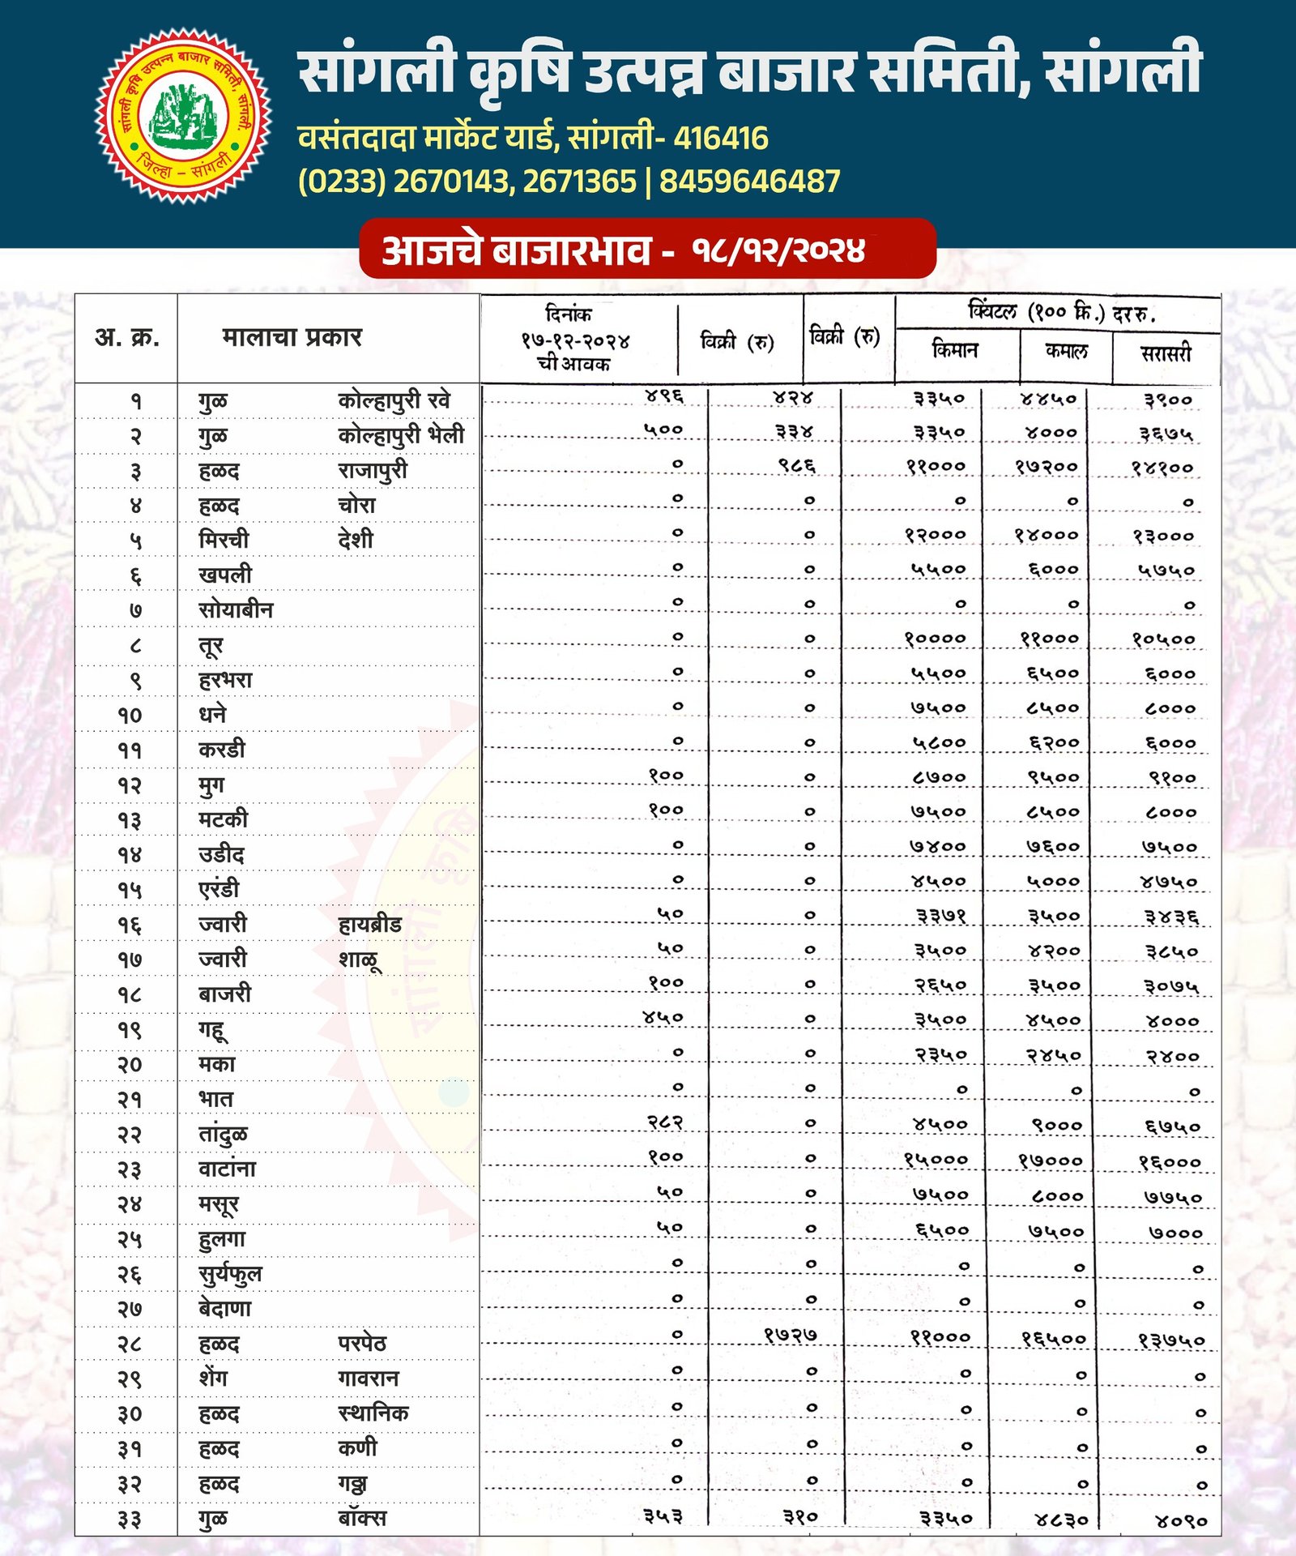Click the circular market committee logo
point(184,116)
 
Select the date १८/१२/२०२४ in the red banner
point(778,250)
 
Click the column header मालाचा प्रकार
point(292,336)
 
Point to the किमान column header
point(955,350)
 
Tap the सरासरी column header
point(1166,353)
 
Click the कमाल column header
point(1066,350)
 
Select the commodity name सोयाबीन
point(236,609)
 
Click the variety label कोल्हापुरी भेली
point(401,435)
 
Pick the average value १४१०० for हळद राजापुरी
point(1162,468)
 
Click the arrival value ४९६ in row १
point(664,395)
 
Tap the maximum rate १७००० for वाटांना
point(1050,1161)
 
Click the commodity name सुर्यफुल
point(230,1274)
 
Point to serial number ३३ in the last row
point(129,1519)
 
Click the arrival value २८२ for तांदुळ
point(665,1122)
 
